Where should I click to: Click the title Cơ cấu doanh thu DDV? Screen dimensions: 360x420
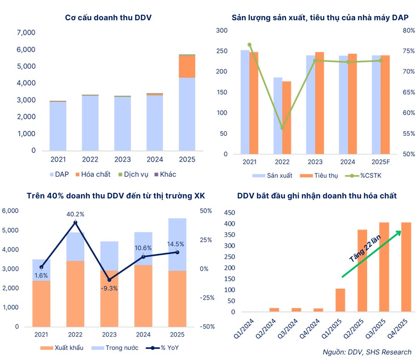(109, 18)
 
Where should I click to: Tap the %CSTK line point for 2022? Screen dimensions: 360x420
(282, 128)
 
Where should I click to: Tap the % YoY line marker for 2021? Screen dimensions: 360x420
(41, 267)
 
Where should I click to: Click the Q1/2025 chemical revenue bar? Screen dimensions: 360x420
(340, 300)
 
